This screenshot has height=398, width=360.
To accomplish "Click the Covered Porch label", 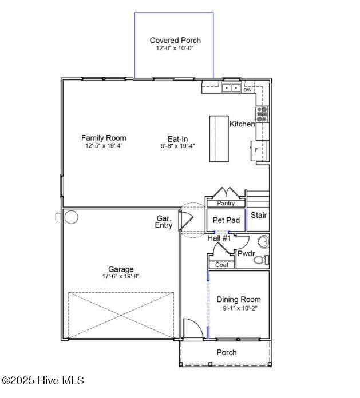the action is [x=175, y=40].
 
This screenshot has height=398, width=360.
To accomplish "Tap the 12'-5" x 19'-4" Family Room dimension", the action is [x=104, y=146].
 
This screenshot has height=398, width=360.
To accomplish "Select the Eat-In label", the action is [x=177, y=139].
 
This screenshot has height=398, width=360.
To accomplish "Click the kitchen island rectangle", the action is [x=219, y=138].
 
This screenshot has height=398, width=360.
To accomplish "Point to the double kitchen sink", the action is [x=231, y=88].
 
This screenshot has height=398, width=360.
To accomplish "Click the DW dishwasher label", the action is [x=247, y=90].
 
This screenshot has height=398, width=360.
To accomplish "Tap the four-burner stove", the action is [x=262, y=114].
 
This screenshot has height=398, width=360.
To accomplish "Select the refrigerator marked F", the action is [x=259, y=150].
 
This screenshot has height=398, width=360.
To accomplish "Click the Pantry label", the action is [x=226, y=204].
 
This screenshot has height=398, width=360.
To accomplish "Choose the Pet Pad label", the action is [x=226, y=220].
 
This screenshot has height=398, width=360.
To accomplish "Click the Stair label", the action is [x=259, y=215].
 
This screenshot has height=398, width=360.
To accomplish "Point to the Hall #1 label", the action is [x=219, y=238].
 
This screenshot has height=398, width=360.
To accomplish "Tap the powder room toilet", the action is [x=261, y=260].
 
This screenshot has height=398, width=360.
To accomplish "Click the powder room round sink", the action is [x=263, y=242].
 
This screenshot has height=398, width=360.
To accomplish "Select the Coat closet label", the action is [x=221, y=265].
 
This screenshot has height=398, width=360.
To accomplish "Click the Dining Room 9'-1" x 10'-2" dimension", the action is [x=240, y=308].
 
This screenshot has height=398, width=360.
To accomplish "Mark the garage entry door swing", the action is [x=186, y=221].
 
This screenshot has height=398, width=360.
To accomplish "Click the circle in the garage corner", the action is [x=71, y=217].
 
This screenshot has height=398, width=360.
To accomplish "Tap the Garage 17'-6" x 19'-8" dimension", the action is [x=121, y=276].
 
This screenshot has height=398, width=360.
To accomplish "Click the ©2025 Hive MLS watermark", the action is [x=43, y=380].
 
